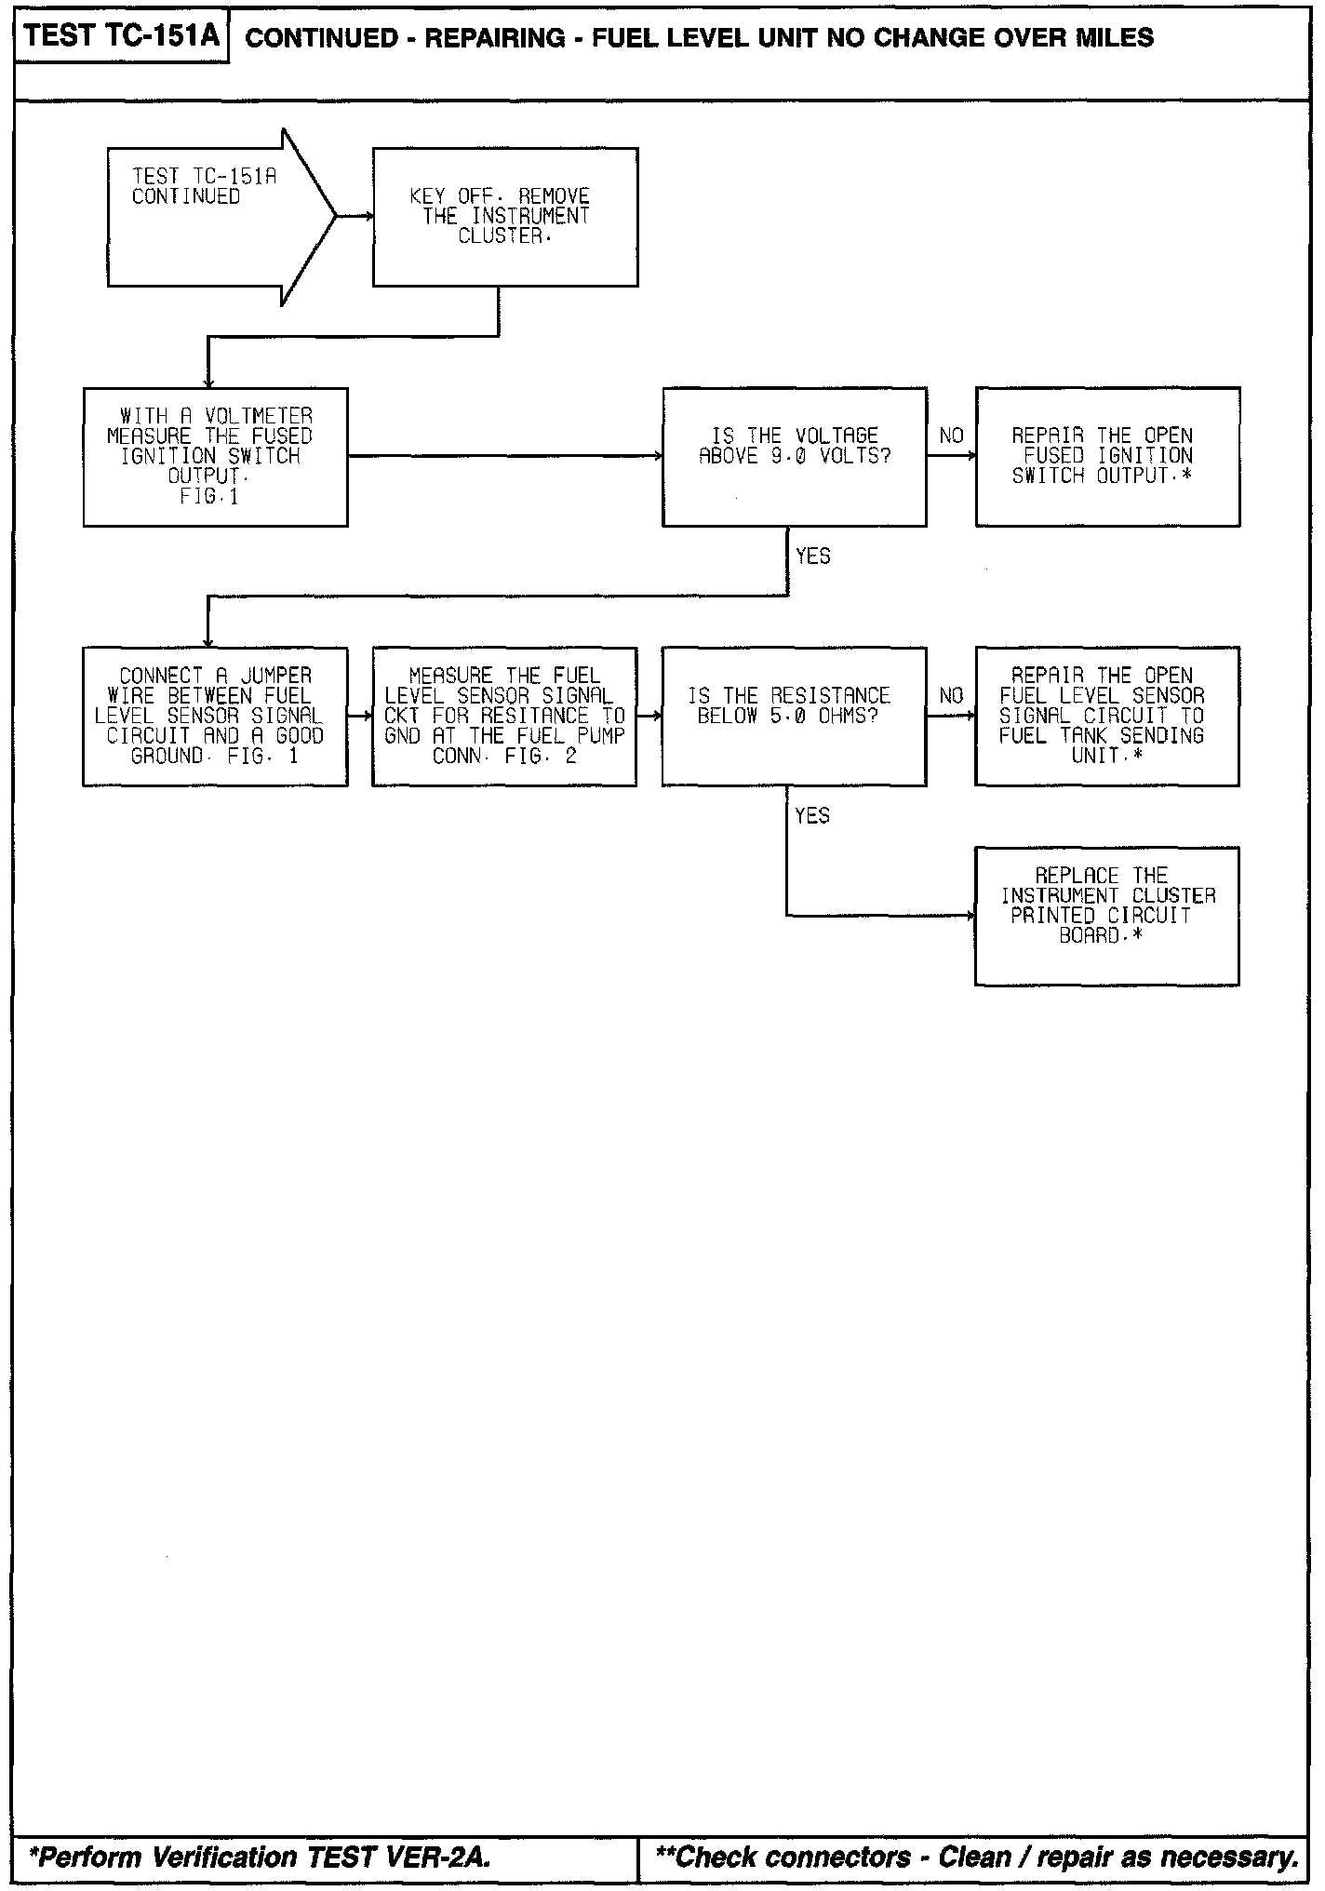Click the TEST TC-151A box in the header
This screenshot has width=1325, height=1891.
coord(122,37)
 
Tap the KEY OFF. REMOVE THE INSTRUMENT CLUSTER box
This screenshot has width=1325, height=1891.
coord(505,216)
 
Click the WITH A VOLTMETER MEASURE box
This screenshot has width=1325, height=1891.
coord(215,457)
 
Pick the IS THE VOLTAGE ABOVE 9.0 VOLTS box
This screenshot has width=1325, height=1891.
coord(794,457)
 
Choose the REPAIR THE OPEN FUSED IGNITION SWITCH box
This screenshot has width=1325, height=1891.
coord(1107,457)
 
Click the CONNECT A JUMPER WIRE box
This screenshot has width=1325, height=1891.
coord(215,717)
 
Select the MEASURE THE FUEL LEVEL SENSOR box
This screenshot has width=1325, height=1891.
coord(504,717)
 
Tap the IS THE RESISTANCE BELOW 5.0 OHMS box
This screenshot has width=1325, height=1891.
coord(794,717)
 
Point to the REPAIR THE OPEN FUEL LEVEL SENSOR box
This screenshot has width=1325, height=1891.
coord(1106,717)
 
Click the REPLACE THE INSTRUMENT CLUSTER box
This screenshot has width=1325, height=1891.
coord(1106,916)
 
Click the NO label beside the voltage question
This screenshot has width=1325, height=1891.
coord(951,436)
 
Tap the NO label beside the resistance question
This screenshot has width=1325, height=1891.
coord(951,695)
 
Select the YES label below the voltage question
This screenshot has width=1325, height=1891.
coord(812,556)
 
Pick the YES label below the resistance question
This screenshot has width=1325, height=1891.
coord(812,815)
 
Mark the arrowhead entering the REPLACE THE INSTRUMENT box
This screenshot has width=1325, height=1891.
coord(971,916)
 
